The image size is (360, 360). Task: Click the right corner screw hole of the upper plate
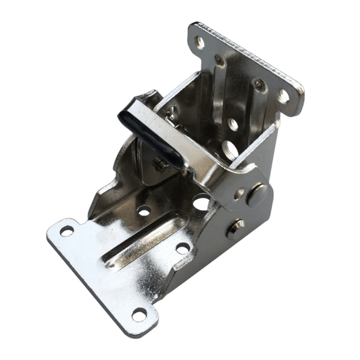(284, 96)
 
